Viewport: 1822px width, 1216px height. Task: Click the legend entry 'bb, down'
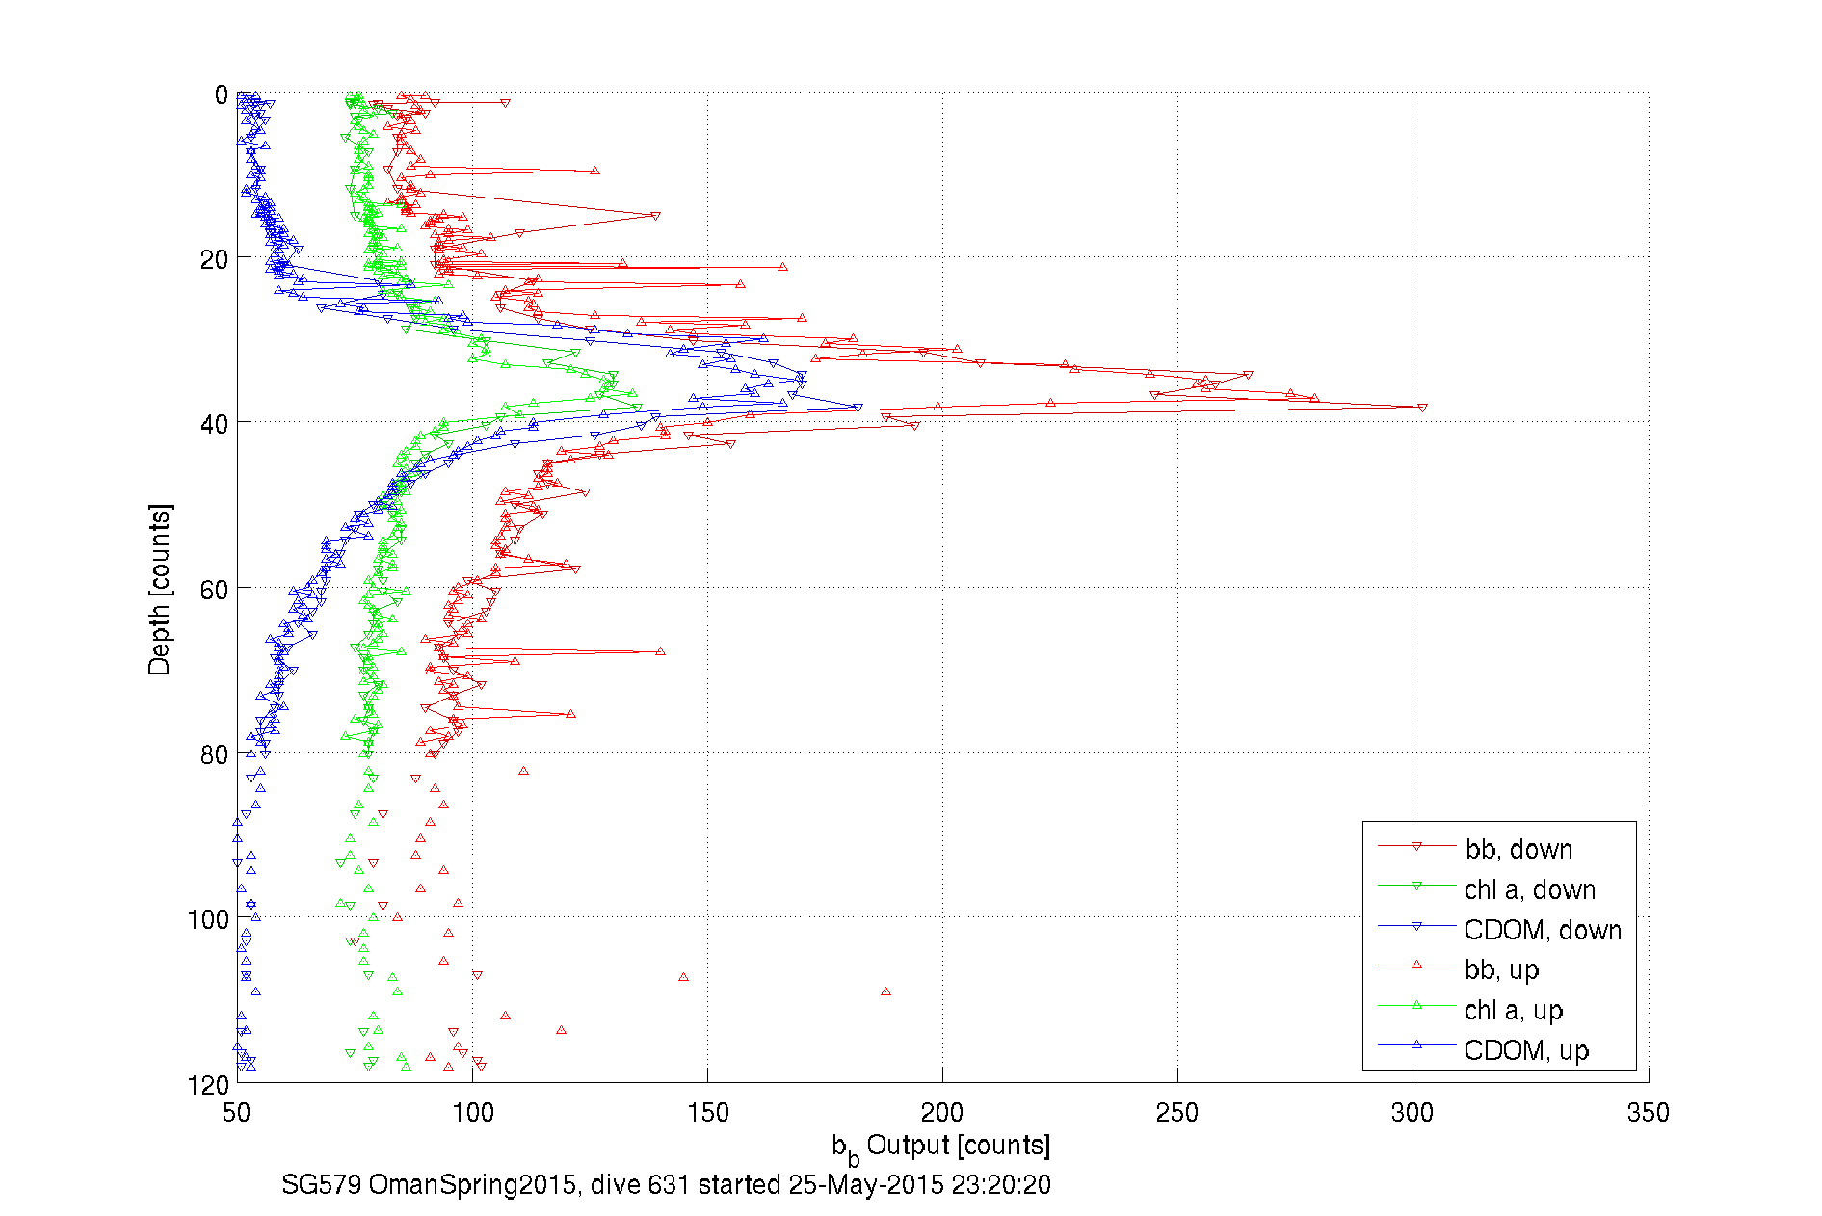[1518, 849]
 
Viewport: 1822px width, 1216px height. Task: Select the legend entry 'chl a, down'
[1530, 889]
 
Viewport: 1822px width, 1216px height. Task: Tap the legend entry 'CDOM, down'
[1543, 930]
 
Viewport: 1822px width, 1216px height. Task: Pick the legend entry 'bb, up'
[1501, 969]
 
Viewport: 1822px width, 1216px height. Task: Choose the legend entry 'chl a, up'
[1513, 1010]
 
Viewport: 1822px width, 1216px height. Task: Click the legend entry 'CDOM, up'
[1526, 1050]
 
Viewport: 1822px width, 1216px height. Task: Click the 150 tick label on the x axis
[707, 1113]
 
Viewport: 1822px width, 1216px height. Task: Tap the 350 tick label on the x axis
[1648, 1113]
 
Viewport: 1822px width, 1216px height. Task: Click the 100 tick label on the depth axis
[208, 919]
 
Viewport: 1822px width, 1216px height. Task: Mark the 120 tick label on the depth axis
[208, 1085]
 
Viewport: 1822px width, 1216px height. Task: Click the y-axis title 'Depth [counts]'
[160, 589]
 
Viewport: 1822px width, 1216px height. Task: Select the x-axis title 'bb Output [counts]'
[941, 1147]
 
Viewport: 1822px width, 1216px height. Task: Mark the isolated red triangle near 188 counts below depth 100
[885, 991]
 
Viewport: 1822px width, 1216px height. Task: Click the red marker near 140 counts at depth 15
[656, 216]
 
